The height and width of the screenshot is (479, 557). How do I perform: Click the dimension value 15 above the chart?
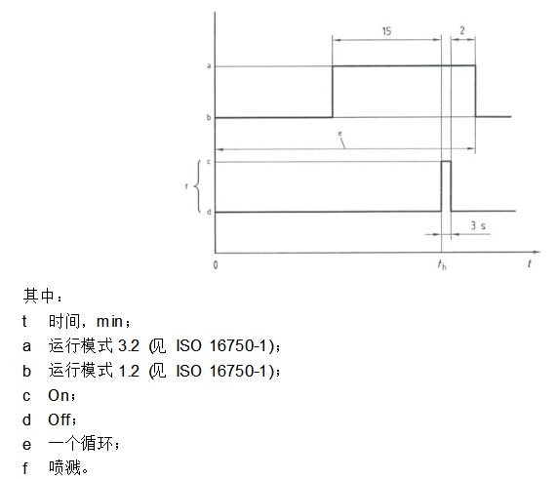[x=386, y=31]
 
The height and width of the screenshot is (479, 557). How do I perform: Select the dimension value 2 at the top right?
[x=462, y=30]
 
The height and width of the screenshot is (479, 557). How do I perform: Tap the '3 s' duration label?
[x=478, y=225]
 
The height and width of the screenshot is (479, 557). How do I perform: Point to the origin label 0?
[x=216, y=264]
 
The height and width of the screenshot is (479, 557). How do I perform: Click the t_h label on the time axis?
[x=442, y=264]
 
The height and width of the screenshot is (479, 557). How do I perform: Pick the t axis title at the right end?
[x=530, y=263]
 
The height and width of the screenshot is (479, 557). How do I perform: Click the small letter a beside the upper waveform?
[x=209, y=65]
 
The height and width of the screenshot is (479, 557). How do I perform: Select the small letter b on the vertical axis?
[x=209, y=117]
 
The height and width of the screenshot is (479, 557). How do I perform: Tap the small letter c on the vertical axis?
[x=209, y=162]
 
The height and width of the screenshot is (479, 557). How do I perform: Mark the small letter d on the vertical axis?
[x=209, y=212]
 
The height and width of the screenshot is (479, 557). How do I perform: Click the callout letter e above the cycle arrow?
[x=339, y=134]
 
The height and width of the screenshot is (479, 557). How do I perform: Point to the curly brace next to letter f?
[x=196, y=186]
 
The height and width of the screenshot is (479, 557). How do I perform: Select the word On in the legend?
[x=59, y=395]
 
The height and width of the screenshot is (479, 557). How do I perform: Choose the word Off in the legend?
[x=60, y=419]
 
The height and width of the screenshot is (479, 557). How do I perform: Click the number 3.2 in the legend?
[x=129, y=345]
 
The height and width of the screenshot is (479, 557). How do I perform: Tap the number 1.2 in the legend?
[x=129, y=371]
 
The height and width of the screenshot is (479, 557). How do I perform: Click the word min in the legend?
[x=110, y=322]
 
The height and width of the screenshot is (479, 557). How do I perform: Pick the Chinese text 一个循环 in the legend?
[x=81, y=444]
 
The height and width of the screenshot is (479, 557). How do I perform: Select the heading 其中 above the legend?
[x=38, y=296]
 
